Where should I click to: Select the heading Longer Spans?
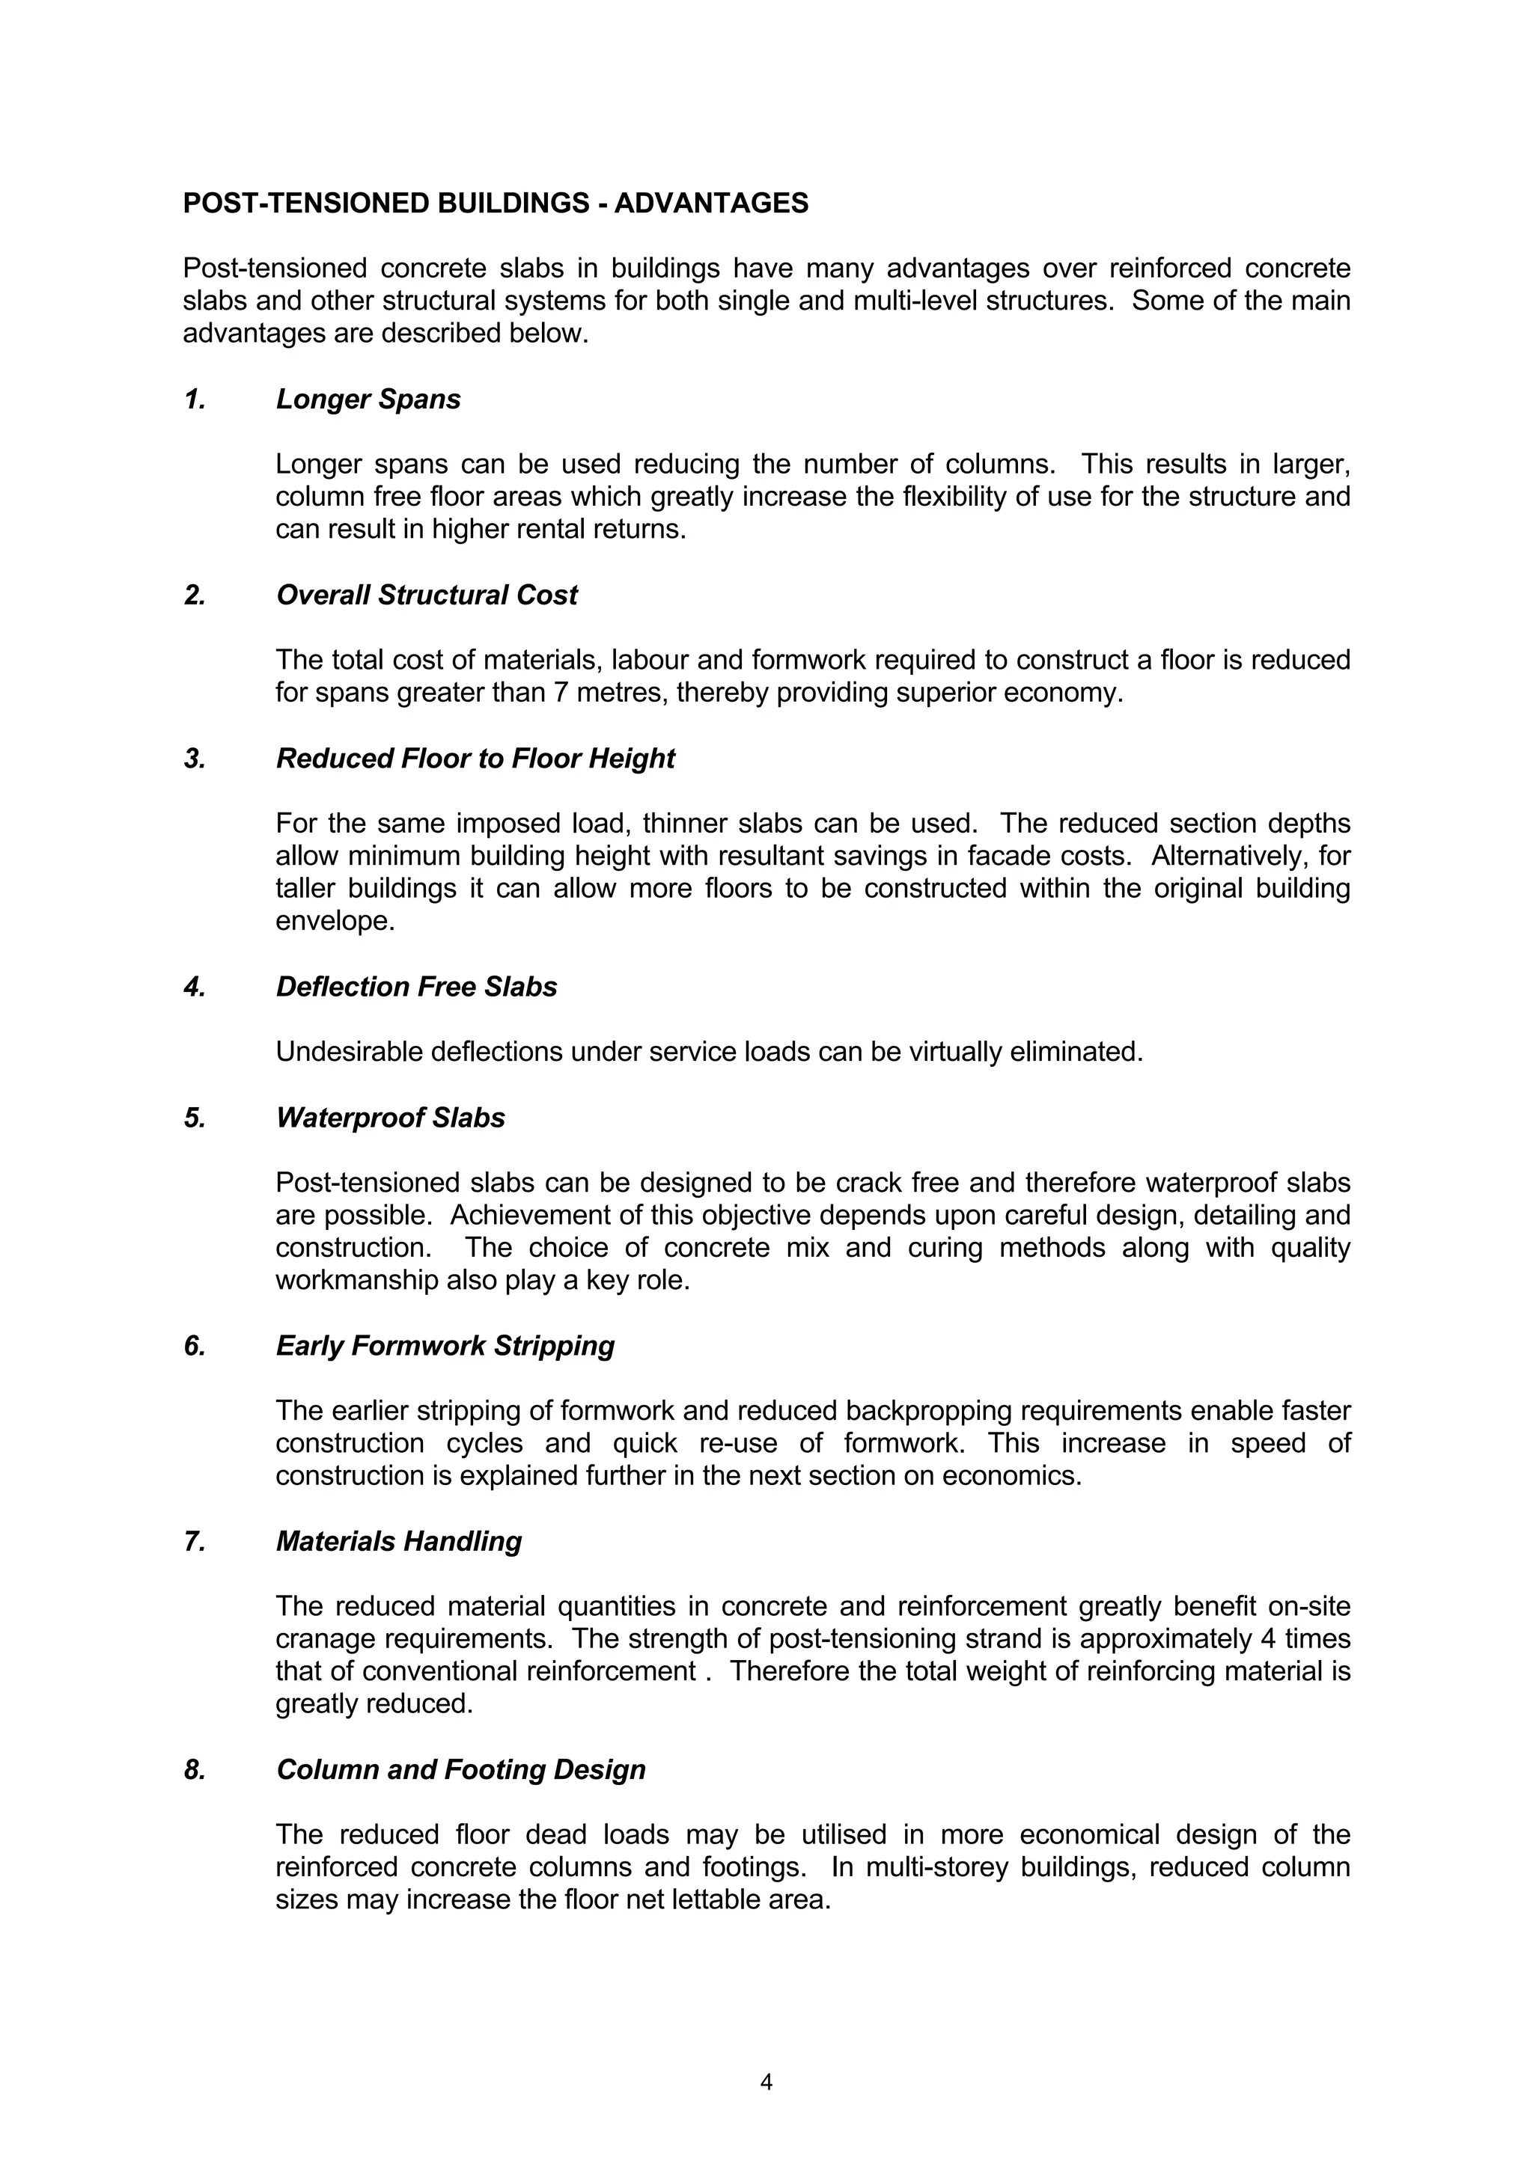point(368,399)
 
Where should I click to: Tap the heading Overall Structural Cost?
point(426,595)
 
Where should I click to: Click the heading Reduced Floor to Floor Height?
point(475,759)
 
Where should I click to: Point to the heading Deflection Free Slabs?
point(415,987)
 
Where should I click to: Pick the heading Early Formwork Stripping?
point(445,1346)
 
